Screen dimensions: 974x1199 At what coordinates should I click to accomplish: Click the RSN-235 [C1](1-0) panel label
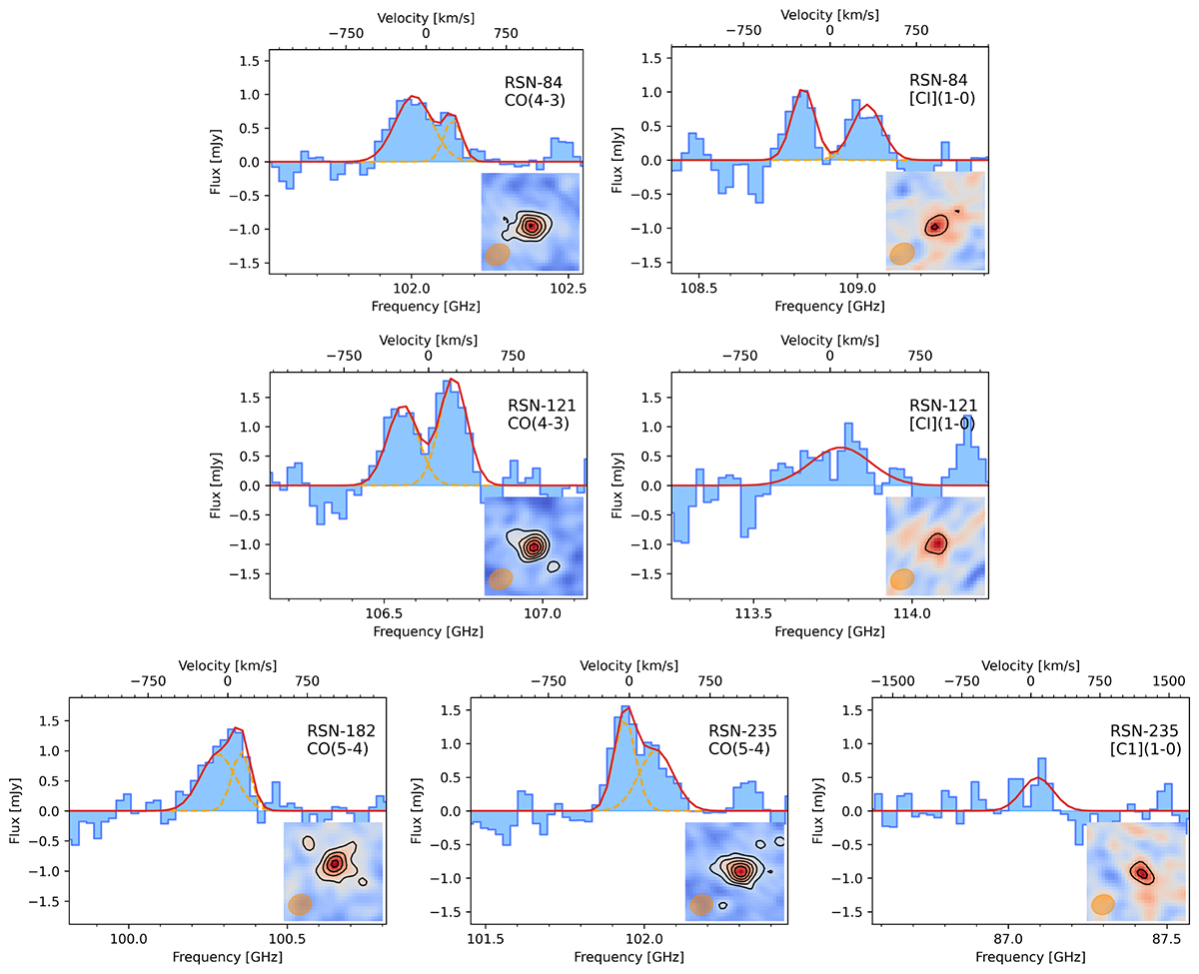pyautogui.click(x=1139, y=739)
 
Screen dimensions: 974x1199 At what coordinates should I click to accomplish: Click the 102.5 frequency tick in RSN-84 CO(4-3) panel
pyautogui.click(x=567, y=287)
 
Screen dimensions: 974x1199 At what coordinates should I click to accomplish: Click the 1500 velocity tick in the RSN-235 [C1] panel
pyautogui.click(x=1167, y=681)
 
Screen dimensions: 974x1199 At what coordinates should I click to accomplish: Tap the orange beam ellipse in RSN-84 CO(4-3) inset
pyautogui.click(x=497, y=255)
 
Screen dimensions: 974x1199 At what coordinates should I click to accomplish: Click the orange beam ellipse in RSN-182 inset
pyautogui.click(x=299, y=904)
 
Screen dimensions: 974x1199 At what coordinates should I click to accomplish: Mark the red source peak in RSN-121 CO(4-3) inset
pyautogui.click(x=535, y=546)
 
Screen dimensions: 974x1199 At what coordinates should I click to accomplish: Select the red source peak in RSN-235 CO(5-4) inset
pyautogui.click(x=739, y=870)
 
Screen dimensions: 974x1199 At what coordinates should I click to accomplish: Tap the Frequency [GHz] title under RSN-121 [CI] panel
pyautogui.click(x=828, y=631)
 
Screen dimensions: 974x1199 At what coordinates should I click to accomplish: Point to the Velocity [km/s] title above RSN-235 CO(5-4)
pyautogui.click(x=627, y=664)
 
